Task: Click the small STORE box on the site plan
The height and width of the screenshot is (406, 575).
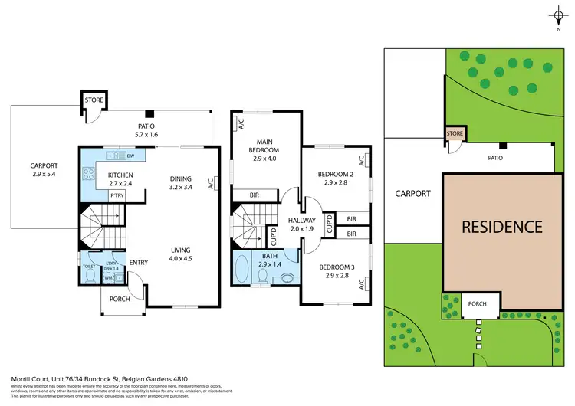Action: pos(454,135)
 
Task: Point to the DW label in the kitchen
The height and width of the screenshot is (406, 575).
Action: pos(130,156)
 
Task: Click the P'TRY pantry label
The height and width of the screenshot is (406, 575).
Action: pos(117,196)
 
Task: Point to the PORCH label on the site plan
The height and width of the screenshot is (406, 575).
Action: pos(477,304)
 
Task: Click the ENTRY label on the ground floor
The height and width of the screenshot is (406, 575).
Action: pos(139,262)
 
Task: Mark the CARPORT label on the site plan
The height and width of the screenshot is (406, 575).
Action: pos(413,194)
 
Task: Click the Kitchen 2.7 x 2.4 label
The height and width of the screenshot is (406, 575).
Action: pos(110,180)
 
